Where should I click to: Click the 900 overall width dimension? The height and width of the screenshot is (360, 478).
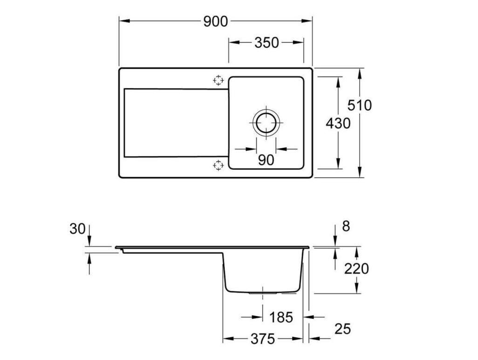click(216, 21)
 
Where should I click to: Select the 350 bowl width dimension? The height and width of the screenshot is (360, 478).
click(267, 43)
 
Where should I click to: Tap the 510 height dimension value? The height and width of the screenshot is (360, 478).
click(360, 105)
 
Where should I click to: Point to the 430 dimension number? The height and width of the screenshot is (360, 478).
click(338, 124)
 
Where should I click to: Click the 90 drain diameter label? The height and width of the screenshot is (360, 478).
click(266, 160)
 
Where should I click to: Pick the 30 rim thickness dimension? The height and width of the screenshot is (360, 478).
click(77, 228)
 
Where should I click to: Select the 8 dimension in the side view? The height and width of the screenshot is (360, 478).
click(346, 226)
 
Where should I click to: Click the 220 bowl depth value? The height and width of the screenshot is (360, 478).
click(356, 269)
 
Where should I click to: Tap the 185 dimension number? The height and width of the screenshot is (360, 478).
click(281, 317)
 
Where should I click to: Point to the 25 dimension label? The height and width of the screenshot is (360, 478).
click(342, 329)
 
